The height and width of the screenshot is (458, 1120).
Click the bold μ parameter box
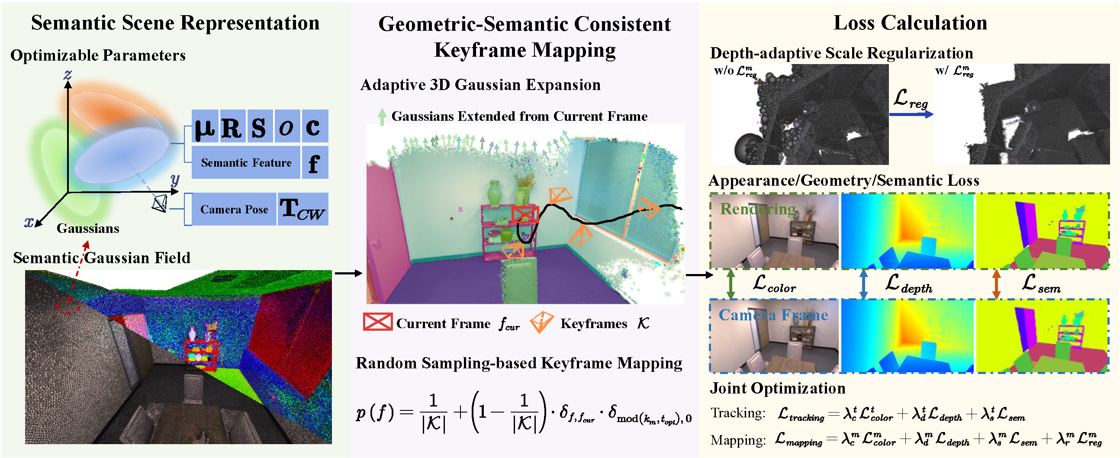click(205, 126)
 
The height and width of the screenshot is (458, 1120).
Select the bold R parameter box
click(232, 126)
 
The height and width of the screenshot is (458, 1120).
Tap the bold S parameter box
click(259, 126)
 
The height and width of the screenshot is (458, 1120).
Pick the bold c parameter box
click(313, 126)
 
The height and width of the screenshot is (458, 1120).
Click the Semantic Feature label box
click(246, 163)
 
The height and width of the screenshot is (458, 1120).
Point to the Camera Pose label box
click(234, 210)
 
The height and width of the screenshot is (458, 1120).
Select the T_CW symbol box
click(303, 210)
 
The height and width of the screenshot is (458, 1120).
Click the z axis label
click(68, 75)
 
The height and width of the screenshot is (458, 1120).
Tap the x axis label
click(28, 222)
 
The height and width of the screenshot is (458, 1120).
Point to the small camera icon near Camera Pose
click(160, 203)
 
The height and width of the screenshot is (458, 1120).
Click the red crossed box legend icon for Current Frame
click(377, 323)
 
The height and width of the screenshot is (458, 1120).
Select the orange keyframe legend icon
click(542, 323)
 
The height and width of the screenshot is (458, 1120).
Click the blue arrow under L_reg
click(911, 114)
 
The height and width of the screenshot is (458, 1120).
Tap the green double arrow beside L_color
click(731, 284)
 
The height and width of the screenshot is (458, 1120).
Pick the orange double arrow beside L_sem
click(996, 284)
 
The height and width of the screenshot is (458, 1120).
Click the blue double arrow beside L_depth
click(863, 284)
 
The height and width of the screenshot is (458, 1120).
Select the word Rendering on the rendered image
click(758, 209)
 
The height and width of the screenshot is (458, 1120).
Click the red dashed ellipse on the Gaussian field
click(68, 306)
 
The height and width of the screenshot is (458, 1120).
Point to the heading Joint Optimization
click(777, 388)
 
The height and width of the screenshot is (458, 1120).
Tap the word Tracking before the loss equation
click(737, 413)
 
